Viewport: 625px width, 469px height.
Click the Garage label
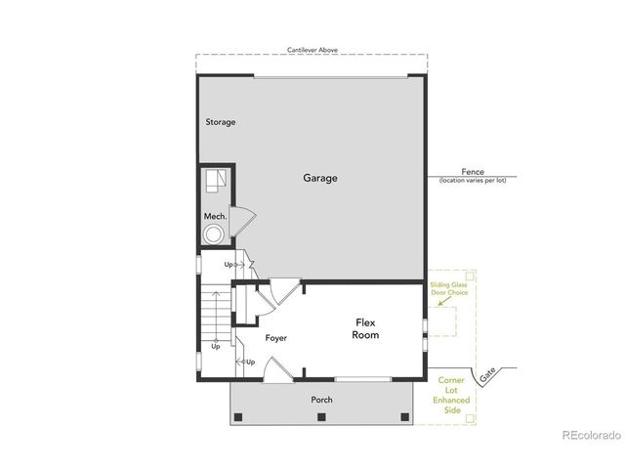(x=319, y=179)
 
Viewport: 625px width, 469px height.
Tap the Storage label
(x=220, y=122)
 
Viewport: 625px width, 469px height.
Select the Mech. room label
(x=215, y=216)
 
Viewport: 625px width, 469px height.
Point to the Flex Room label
(x=365, y=329)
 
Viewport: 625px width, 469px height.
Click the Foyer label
(x=275, y=338)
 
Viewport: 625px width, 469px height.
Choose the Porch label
(x=321, y=400)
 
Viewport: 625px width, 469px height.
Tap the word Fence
(x=473, y=172)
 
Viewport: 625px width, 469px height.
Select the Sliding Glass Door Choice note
(x=448, y=290)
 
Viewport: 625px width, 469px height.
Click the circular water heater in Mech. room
(x=213, y=234)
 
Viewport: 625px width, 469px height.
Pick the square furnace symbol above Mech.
(x=215, y=183)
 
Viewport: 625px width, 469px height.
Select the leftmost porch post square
(x=237, y=418)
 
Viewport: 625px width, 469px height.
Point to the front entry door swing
(x=277, y=368)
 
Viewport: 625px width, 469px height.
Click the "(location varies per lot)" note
(x=473, y=181)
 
